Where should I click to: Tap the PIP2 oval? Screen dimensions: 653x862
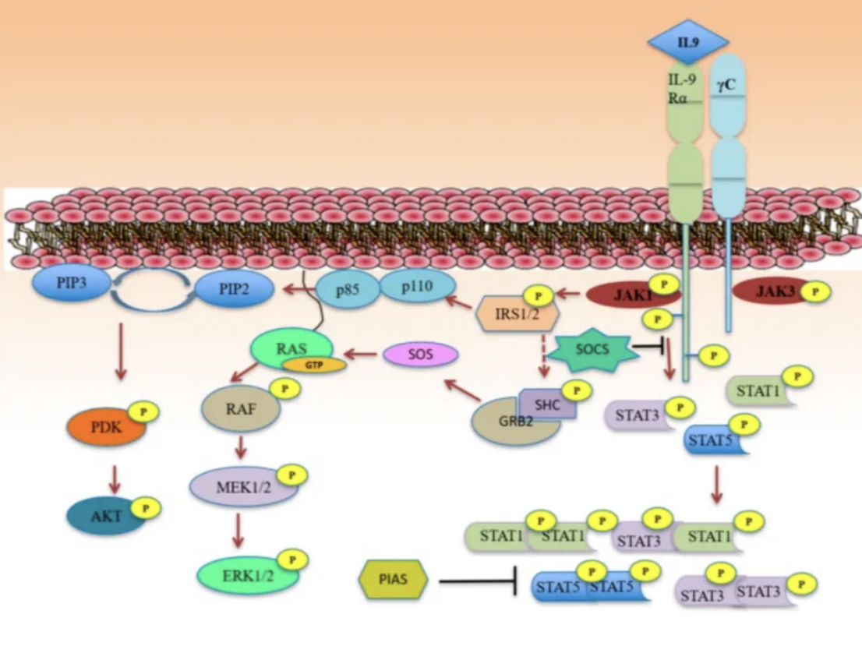point(234,289)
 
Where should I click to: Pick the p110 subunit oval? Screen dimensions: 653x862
point(417,288)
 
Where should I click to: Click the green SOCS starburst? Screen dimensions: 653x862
point(591,346)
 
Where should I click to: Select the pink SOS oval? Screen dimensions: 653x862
point(420,355)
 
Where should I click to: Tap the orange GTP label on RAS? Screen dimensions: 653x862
point(314,364)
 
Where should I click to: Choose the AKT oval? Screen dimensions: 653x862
point(106,516)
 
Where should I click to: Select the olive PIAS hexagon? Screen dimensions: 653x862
point(394,580)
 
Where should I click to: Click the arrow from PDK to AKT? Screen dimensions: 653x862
point(115,473)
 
